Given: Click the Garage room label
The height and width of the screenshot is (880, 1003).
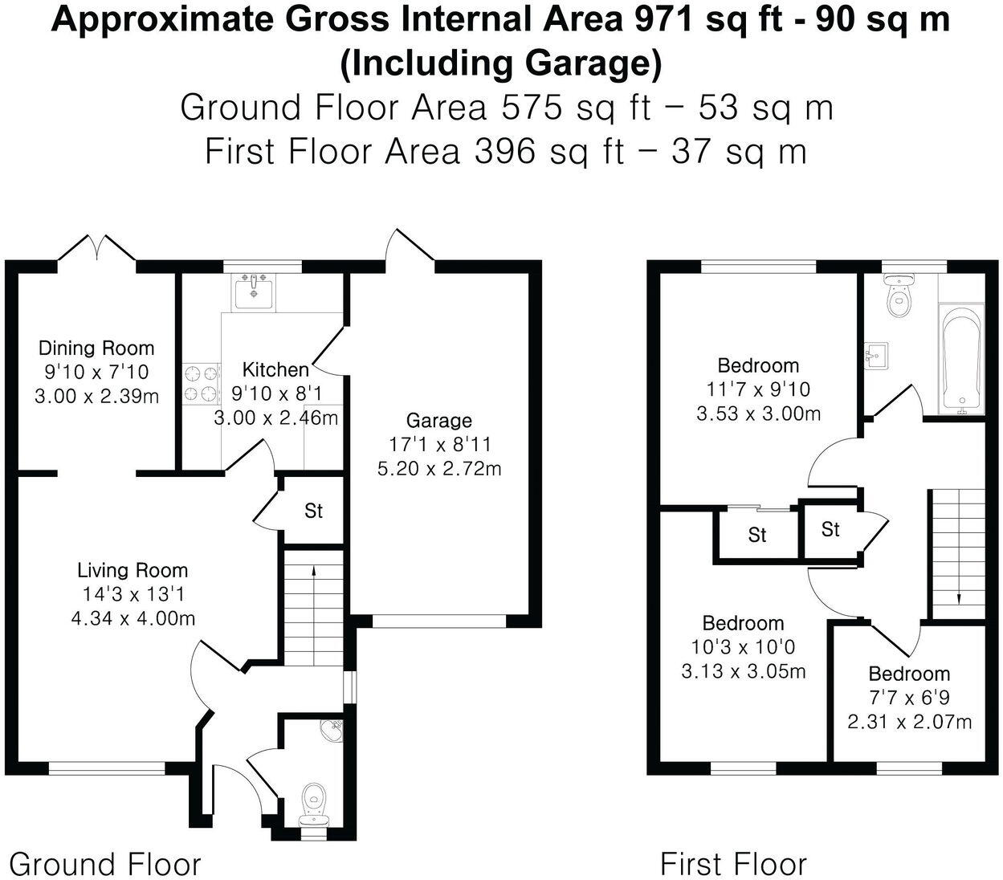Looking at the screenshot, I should (x=438, y=420).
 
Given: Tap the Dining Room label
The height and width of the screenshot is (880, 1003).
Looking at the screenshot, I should (x=96, y=348).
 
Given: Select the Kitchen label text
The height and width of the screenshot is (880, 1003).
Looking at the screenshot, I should (x=275, y=369).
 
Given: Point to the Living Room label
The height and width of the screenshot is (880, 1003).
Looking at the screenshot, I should (x=133, y=570).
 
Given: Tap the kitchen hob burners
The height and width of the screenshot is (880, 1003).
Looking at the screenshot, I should (x=201, y=383).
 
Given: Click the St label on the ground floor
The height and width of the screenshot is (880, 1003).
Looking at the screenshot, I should (x=313, y=511).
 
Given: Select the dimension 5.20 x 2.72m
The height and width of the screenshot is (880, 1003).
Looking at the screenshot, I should (x=439, y=468).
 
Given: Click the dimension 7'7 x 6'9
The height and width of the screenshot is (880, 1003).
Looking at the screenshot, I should (x=909, y=698).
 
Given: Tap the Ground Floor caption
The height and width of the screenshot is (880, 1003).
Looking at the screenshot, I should (x=104, y=864).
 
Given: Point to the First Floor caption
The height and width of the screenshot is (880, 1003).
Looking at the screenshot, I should (x=733, y=864).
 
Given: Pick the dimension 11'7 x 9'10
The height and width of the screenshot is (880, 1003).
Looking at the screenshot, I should (x=758, y=389).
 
